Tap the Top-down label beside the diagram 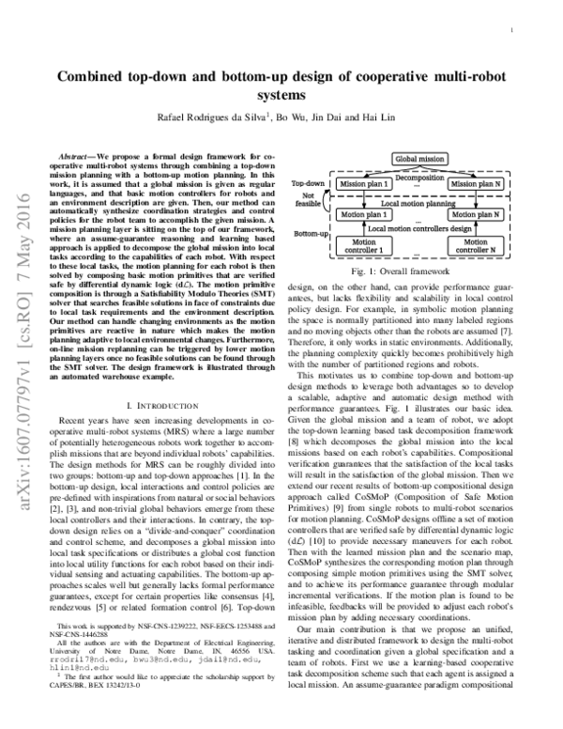[309, 182]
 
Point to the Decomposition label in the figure [420, 175]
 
